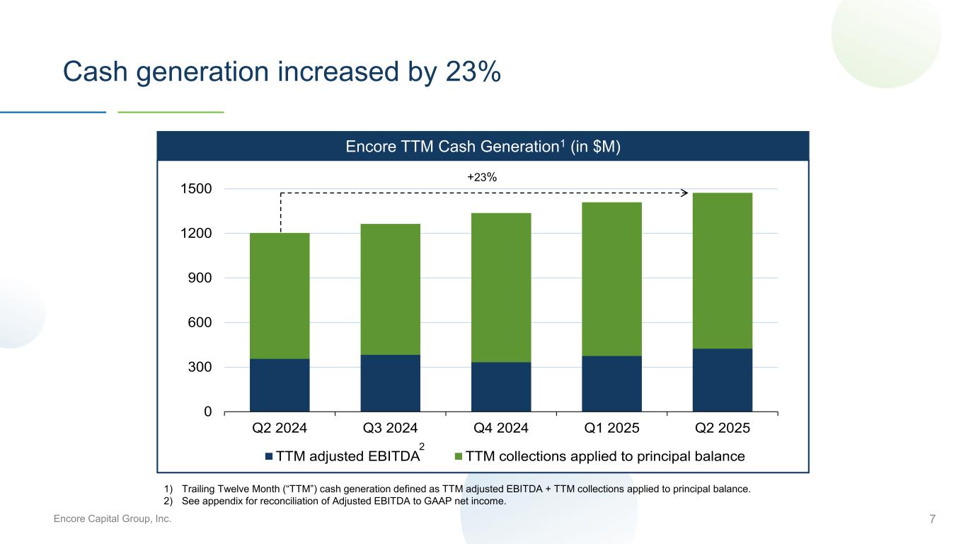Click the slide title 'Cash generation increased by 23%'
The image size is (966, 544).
click(282, 72)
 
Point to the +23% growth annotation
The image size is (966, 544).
click(482, 178)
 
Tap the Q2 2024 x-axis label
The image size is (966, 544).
click(280, 429)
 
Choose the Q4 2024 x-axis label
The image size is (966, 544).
click(501, 429)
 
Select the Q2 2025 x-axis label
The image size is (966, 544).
click(722, 429)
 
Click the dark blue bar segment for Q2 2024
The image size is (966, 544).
click(280, 385)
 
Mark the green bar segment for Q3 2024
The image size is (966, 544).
click(390, 289)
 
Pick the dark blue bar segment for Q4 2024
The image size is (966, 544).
click(501, 387)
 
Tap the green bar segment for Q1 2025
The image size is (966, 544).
click(611, 279)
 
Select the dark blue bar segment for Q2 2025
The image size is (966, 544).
click(722, 380)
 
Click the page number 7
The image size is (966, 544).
click(932, 520)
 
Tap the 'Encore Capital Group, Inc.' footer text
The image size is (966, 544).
click(113, 520)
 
